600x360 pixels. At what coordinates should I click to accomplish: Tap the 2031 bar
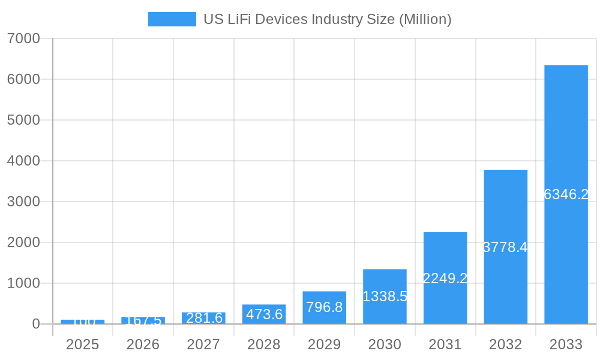[x=445, y=252]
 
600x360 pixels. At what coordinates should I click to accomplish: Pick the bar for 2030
[x=385, y=282]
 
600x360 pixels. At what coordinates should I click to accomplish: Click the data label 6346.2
[x=566, y=194]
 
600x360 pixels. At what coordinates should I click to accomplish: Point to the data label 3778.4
[x=505, y=247]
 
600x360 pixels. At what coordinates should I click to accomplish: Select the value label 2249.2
[x=445, y=278]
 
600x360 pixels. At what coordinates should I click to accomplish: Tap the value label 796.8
[x=324, y=307]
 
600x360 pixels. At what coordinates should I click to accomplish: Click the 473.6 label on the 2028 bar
[x=264, y=314]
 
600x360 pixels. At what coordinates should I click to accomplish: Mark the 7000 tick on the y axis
[x=23, y=38]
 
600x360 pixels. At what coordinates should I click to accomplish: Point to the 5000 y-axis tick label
[x=23, y=120]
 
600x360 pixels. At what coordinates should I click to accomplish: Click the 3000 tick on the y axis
[x=23, y=202]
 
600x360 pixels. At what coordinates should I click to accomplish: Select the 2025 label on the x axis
[x=82, y=344]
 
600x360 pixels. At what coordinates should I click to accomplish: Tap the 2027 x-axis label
[x=203, y=344]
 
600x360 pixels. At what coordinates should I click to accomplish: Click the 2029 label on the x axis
[x=324, y=344]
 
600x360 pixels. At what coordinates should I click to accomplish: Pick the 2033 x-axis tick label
[x=566, y=344]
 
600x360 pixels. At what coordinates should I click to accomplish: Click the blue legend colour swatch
[x=172, y=19]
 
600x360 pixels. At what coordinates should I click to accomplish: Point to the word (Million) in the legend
[x=425, y=19]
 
